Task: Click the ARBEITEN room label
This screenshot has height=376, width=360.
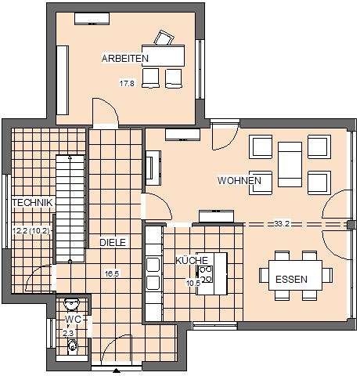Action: click(x=125, y=58)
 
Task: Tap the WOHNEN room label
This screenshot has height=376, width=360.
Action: click(x=239, y=180)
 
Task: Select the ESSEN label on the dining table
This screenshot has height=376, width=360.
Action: click(x=291, y=280)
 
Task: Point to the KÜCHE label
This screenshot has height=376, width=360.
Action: click(x=192, y=260)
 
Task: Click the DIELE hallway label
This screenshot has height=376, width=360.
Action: click(x=113, y=242)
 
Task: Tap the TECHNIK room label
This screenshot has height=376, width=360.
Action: click(x=32, y=203)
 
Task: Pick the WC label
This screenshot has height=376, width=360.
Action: click(x=73, y=319)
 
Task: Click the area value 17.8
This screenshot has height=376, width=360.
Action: click(x=127, y=84)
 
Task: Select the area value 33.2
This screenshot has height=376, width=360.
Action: click(x=282, y=223)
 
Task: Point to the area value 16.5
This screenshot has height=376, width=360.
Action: click(x=112, y=273)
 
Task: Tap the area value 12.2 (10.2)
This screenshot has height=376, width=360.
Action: click(x=31, y=231)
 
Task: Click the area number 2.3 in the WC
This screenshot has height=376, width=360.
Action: click(x=68, y=333)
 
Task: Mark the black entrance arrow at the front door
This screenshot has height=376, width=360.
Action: click(x=117, y=371)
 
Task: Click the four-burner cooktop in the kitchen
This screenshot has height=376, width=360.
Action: click(x=206, y=274)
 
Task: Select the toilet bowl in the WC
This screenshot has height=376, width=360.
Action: click(x=71, y=346)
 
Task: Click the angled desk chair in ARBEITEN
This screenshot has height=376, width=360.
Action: click(x=164, y=38)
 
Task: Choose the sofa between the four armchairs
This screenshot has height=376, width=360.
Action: click(x=290, y=164)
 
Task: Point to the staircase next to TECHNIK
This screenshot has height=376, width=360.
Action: click(x=70, y=209)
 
